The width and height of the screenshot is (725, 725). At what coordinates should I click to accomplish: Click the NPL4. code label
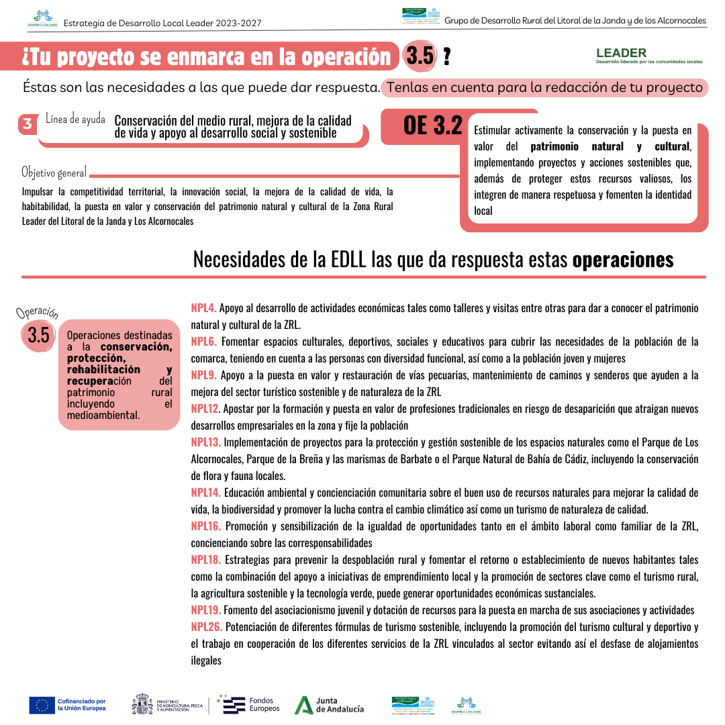point(203,308)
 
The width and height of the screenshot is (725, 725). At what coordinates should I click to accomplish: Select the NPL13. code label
point(205,442)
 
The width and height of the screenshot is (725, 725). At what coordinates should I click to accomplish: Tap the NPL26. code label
point(205,627)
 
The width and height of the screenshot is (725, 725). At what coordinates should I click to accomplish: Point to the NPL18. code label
point(205,560)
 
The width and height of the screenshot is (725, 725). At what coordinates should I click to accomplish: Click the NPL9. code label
point(203,375)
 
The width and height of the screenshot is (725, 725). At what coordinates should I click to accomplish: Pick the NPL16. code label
point(205,526)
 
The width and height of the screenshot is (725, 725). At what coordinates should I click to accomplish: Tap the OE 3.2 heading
point(433,125)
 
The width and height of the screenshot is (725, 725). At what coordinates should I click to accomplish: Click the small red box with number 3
point(28,124)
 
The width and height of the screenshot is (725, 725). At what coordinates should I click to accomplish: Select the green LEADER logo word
point(621,52)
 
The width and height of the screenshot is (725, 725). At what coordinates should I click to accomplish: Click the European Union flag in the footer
point(42,705)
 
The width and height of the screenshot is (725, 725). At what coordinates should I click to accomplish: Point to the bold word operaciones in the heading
point(622,259)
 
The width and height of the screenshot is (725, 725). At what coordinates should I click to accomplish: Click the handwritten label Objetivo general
point(54,173)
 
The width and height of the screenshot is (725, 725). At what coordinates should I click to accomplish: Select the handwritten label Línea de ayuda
point(75,119)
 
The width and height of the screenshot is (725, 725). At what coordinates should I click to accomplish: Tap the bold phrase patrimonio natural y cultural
point(610,146)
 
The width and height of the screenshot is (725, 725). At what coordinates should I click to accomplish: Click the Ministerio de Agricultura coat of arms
point(142,705)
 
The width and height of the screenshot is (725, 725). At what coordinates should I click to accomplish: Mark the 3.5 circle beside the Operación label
point(38,334)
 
